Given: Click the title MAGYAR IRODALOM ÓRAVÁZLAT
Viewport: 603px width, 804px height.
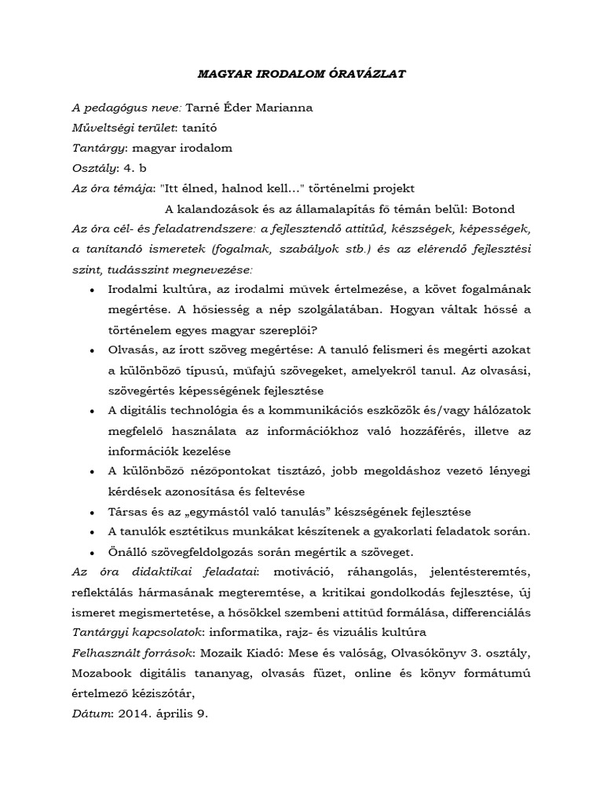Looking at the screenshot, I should pyautogui.click(x=301, y=74).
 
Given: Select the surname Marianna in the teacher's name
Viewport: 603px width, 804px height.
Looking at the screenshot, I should pyautogui.click(x=272, y=107).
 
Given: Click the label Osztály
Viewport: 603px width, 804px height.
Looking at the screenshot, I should pyautogui.click(x=93, y=167).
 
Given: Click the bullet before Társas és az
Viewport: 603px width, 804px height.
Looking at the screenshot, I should pyautogui.click(x=93, y=512).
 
